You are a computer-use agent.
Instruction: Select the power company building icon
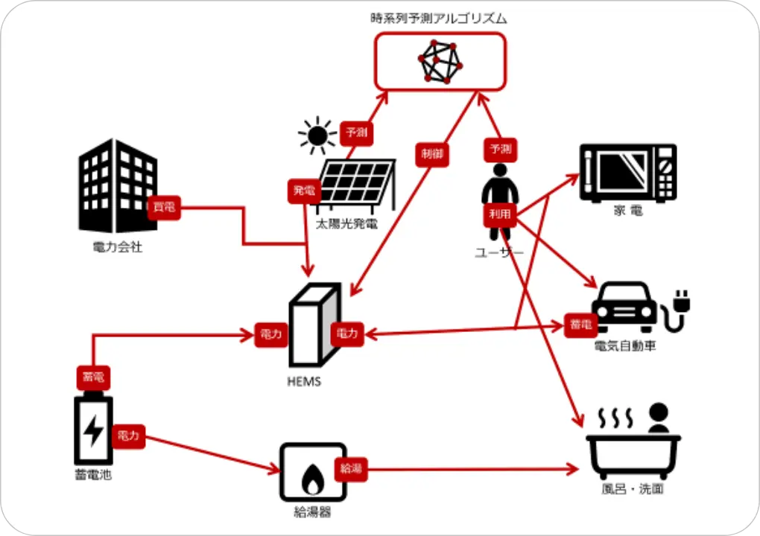pos(118,187)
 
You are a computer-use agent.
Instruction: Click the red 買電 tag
pos(164,208)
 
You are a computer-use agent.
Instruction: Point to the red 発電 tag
pos(303,191)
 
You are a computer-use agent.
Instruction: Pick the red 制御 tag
pos(431,154)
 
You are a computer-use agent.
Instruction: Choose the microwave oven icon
pos(628,173)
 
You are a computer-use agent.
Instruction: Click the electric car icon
pos(624,306)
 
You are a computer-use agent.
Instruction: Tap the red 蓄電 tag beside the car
pos(580,325)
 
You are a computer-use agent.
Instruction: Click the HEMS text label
pos(304,382)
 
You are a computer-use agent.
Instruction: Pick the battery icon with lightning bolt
pos(93,430)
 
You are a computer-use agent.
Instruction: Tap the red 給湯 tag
pos(351,469)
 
